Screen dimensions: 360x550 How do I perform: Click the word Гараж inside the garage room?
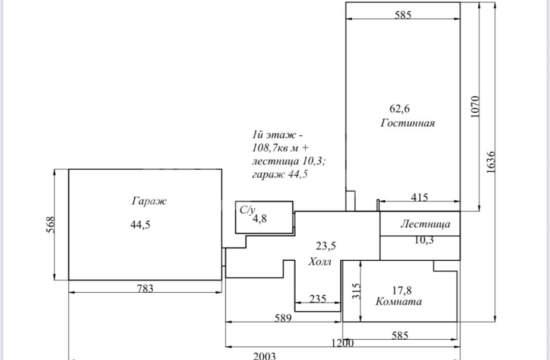pyautogui.click(x=149, y=201)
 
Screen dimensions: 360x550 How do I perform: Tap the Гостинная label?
pyautogui.click(x=408, y=124)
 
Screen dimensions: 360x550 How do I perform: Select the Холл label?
pyautogui.click(x=320, y=262)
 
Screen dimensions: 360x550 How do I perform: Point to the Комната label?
pyautogui.click(x=399, y=302)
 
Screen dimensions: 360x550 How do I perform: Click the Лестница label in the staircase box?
pyautogui.click(x=425, y=225)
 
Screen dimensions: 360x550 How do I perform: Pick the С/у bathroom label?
pyautogui.click(x=247, y=209)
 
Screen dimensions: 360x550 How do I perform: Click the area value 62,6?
pyautogui.click(x=400, y=109)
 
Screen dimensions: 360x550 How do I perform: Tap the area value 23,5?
pyautogui.click(x=325, y=246)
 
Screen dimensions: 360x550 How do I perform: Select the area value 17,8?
pyautogui.click(x=402, y=290)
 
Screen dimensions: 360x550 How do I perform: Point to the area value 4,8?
pyautogui.click(x=260, y=219)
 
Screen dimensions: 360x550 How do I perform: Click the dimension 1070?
pyautogui.click(x=475, y=107)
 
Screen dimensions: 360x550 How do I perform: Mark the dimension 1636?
pyautogui.click(x=491, y=161)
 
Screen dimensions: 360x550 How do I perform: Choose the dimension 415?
pyautogui.click(x=418, y=198)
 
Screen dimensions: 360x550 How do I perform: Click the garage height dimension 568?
pyautogui.click(x=51, y=225)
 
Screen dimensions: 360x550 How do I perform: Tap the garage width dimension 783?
pyautogui.click(x=145, y=289)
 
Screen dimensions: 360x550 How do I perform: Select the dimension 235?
pyautogui.click(x=318, y=299)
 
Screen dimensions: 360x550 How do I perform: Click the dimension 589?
pyautogui.click(x=283, y=318)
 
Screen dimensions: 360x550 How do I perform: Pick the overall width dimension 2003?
pyautogui.click(x=264, y=356)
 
